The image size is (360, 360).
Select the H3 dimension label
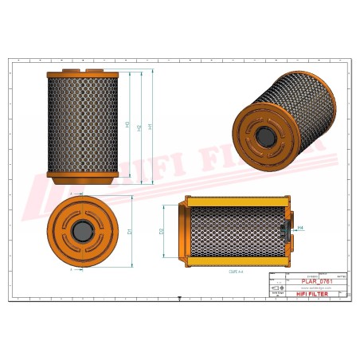127,125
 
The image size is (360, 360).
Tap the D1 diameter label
129,232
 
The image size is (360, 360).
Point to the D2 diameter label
162,231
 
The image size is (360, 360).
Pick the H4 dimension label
300,229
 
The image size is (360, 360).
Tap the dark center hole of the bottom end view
82,232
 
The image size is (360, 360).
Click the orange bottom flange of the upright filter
83,175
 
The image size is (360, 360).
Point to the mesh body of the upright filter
83,124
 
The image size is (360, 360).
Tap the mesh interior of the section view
235,231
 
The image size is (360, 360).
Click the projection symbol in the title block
277,287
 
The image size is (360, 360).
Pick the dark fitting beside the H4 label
286,231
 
